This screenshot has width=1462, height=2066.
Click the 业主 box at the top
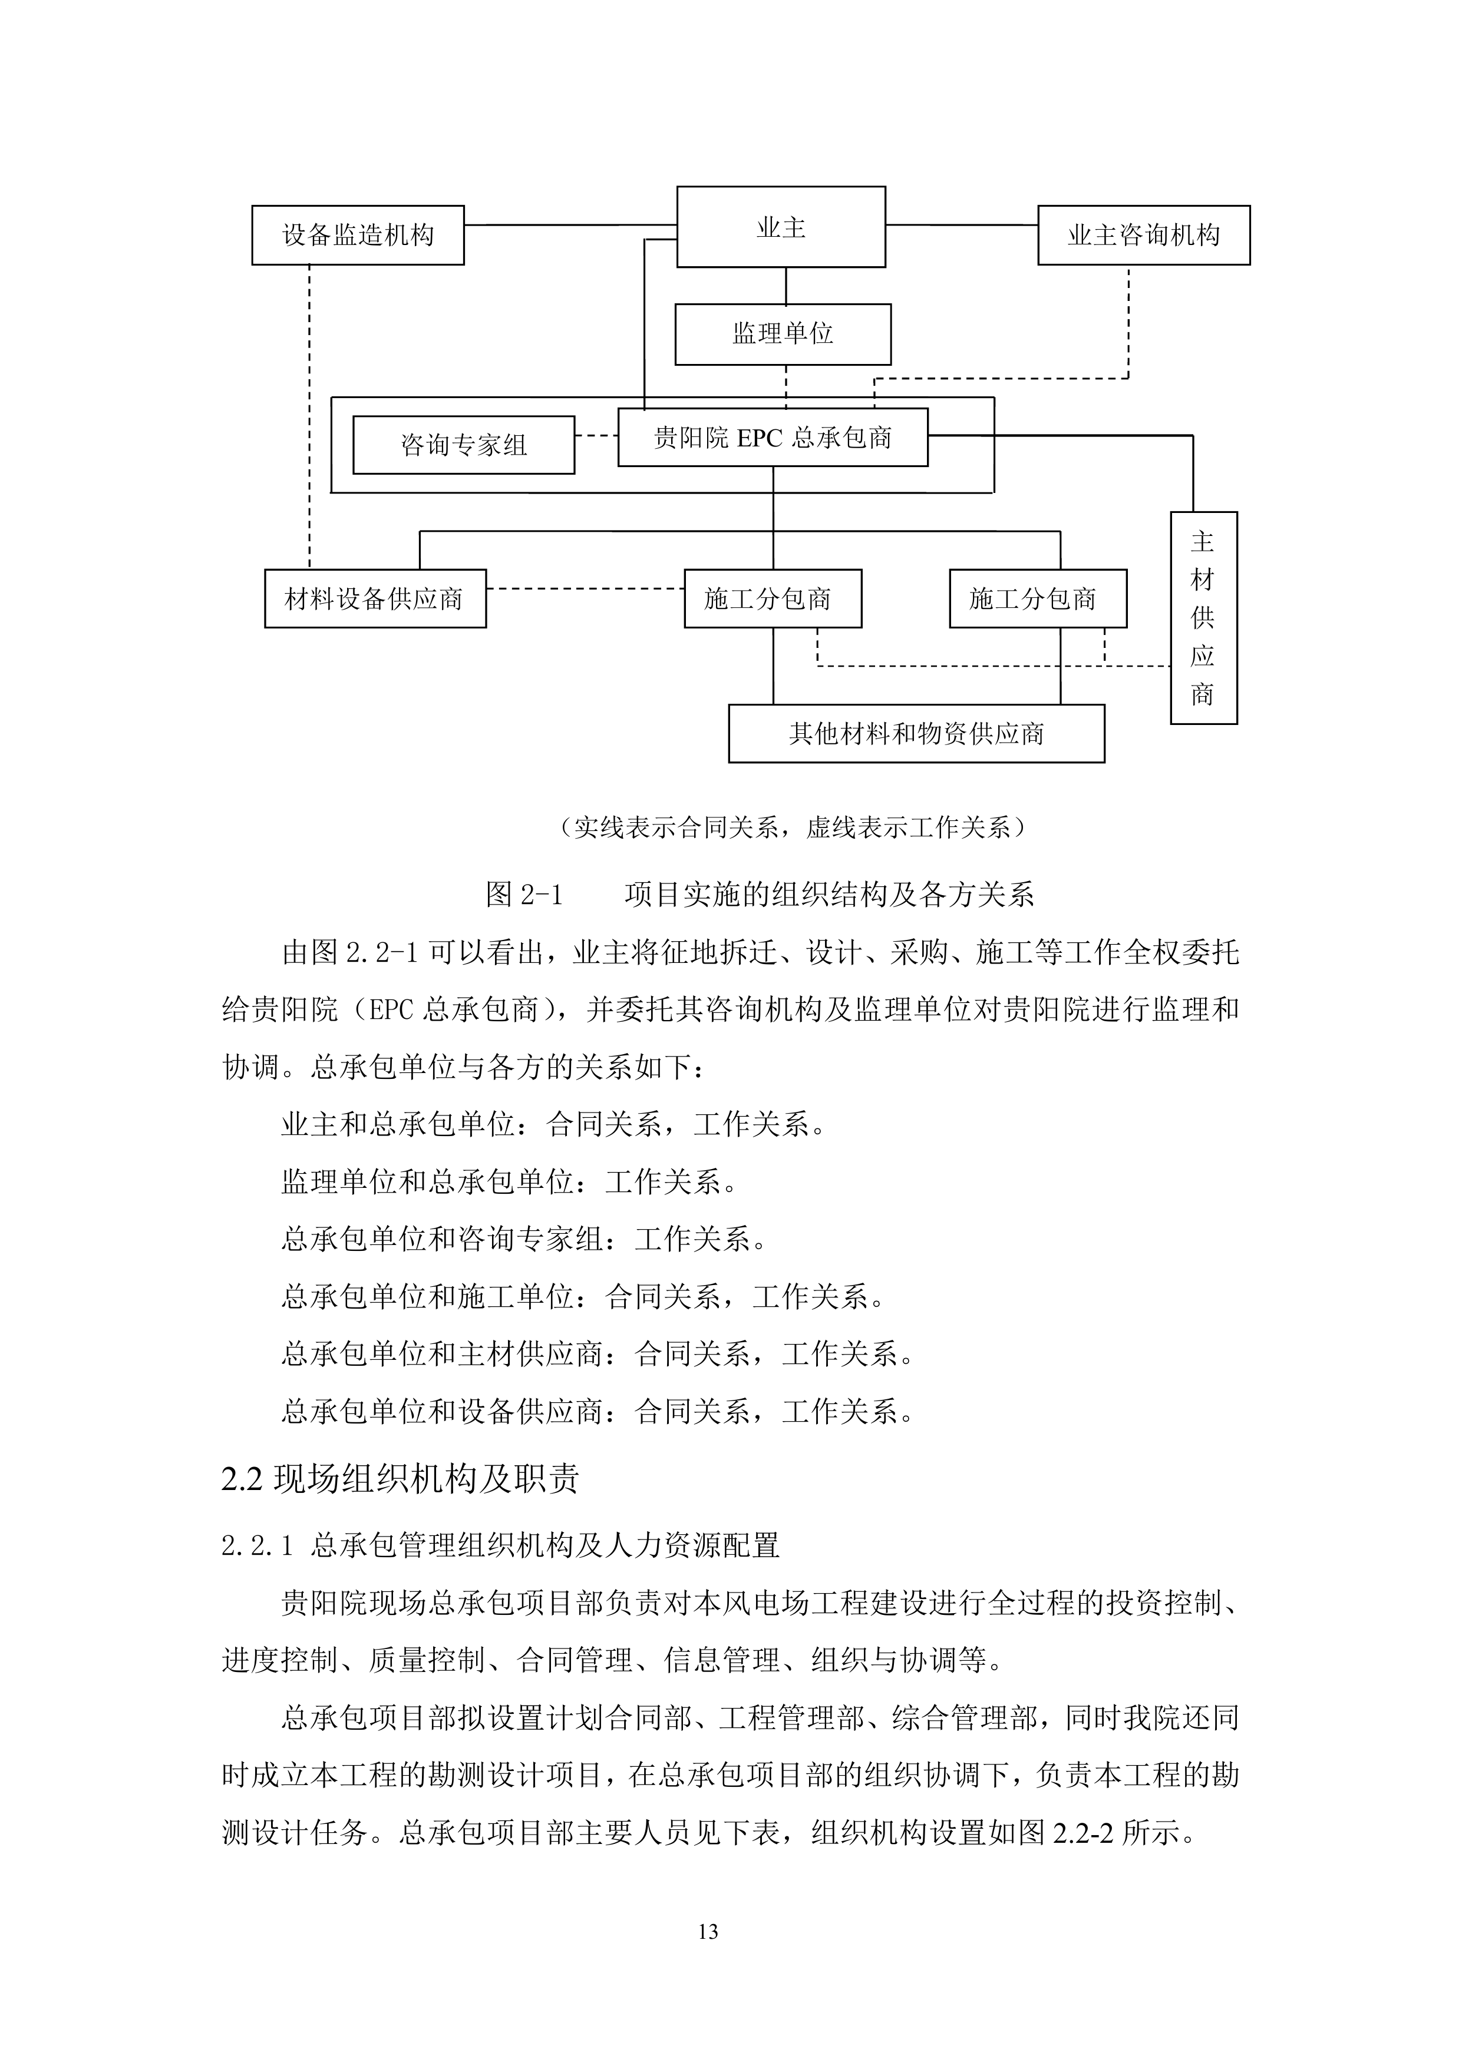pyautogui.click(x=781, y=227)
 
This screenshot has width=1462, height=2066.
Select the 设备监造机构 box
pyautogui.click(x=358, y=235)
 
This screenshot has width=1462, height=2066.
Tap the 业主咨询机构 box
pyautogui.click(x=1143, y=235)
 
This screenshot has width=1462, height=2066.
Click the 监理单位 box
pyautogui.click(x=783, y=334)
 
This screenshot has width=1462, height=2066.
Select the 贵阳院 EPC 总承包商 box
pyautogui.click(x=773, y=438)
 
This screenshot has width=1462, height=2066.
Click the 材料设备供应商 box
pyautogui.click(x=375, y=598)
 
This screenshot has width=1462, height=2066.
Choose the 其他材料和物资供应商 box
pyautogui.click(x=916, y=733)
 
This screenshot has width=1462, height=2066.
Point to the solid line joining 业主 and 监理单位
pyautogui.click(x=786, y=285)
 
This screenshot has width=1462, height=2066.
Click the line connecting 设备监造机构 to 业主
pyautogui.click(x=570, y=224)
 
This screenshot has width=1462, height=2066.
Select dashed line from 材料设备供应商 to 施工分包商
pyautogui.click(x=585, y=590)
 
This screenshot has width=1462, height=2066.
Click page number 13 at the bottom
pyautogui.click(x=708, y=1931)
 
